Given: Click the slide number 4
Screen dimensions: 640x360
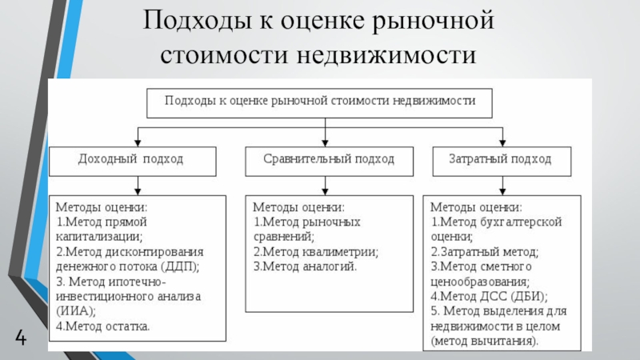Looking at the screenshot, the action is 21,338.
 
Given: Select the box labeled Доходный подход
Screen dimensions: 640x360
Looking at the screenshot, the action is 133,162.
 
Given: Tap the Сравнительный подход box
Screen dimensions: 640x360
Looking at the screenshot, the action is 329,162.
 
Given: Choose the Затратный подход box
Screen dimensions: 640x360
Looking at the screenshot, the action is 502,162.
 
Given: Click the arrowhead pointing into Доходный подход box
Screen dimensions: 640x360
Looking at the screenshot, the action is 138,142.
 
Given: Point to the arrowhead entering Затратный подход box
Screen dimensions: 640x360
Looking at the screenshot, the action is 502,142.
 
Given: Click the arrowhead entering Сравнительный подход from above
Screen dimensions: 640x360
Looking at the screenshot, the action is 325,142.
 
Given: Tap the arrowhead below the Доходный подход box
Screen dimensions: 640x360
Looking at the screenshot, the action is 138,191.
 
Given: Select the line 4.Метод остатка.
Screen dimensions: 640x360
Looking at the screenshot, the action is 103,326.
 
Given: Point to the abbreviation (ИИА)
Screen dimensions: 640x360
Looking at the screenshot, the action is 75,311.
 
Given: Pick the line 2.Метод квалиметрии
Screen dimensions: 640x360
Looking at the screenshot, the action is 316,252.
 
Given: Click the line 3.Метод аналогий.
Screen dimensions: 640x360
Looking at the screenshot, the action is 306,266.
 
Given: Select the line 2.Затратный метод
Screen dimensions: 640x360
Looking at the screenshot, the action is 485,252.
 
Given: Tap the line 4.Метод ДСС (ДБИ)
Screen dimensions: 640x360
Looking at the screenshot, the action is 489,296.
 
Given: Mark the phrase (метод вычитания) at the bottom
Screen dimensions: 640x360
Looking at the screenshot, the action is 485,341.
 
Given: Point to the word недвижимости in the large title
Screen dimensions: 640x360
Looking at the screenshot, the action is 386,55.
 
